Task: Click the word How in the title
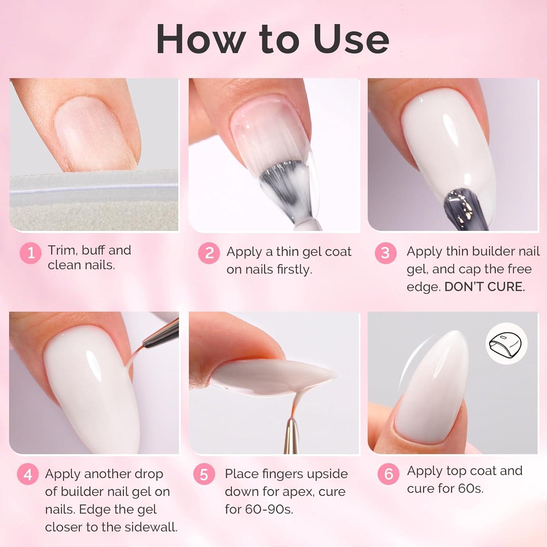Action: click(x=201, y=39)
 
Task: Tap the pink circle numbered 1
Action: click(x=31, y=253)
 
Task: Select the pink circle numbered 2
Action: click(x=209, y=253)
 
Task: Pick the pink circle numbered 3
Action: click(x=385, y=253)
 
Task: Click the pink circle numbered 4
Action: click(x=28, y=474)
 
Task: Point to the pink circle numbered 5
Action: click(x=204, y=474)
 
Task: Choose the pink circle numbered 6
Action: click(x=388, y=473)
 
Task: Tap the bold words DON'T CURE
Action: click(x=485, y=287)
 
